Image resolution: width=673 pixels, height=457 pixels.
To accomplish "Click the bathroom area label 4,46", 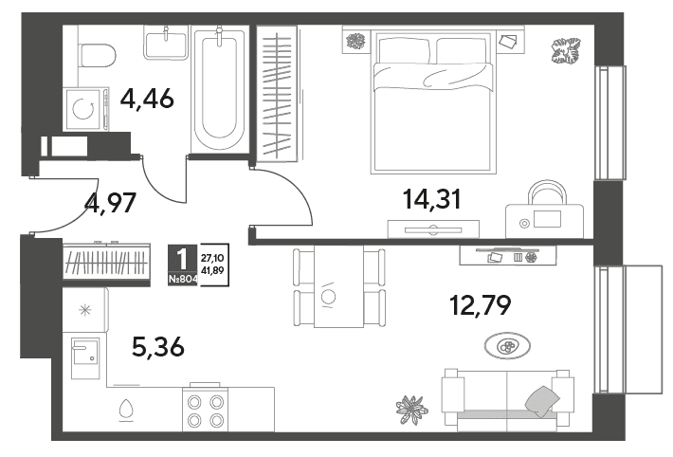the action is (147, 100).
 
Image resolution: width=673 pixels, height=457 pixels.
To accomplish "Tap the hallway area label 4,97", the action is (111, 203).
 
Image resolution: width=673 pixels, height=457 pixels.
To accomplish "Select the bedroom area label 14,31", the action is (432, 199).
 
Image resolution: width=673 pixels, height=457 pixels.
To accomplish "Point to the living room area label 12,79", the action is (481, 305).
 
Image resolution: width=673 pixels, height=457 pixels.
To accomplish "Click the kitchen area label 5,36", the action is (158, 347).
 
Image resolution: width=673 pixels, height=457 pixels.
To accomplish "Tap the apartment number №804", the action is (183, 280).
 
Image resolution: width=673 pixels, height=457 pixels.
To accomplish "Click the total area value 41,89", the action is (215, 270).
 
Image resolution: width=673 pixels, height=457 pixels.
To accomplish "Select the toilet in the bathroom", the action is (98, 55).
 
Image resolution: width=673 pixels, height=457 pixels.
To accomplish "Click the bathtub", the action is (219, 89).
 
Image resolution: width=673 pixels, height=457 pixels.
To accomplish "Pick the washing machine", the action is (85, 109).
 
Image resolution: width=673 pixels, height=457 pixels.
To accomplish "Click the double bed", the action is (432, 101).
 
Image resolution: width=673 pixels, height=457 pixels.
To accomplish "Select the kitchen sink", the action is (85, 357).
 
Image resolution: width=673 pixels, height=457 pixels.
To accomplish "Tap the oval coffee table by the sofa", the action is (507, 345).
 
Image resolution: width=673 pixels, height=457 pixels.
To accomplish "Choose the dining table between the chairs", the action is (338, 286).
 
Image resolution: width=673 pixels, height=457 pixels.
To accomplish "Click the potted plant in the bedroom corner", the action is (565, 50).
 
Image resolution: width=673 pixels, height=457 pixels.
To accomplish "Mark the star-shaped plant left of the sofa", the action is (411, 409).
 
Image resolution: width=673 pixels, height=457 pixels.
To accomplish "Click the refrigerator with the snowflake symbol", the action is (85, 310).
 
